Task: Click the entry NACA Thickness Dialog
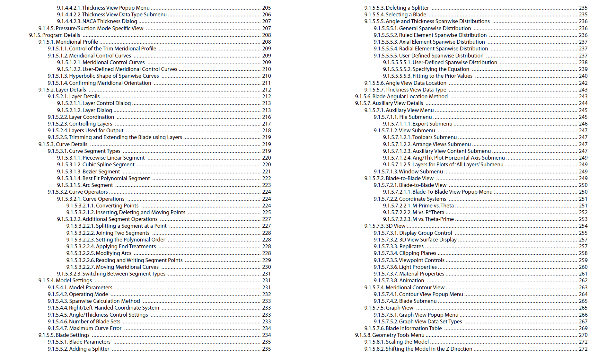click(x=110, y=21)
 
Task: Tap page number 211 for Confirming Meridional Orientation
click(x=266, y=83)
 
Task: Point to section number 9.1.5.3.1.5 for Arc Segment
click(x=69, y=185)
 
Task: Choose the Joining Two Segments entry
click(x=122, y=233)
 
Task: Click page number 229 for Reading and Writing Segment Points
click(x=266, y=260)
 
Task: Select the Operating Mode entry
click(x=88, y=294)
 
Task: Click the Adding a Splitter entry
click(x=89, y=349)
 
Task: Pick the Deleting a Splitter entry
click(x=407, y=8)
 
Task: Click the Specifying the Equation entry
click(x=441, y=69)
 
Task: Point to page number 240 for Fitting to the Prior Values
click(x=583, y=76)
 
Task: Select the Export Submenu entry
click(x=432, y=124)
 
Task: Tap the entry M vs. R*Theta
click(x=428, y=212)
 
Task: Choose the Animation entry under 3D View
click(x=411, y=280)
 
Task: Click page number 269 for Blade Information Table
click(x=583, y=328)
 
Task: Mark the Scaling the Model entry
click(x=407, y=342)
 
